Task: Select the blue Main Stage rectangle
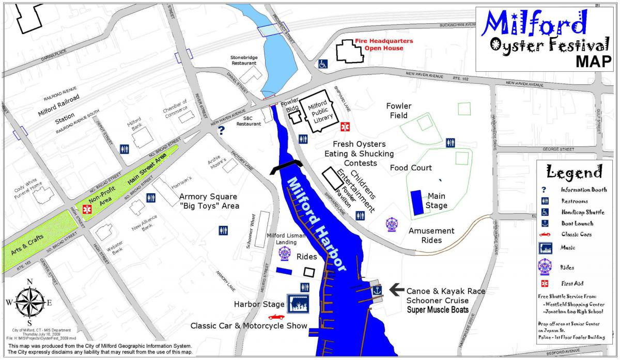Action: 416,202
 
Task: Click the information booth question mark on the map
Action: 222,131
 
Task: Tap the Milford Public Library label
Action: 318,113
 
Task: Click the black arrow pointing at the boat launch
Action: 397,290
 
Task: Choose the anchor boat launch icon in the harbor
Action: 377,290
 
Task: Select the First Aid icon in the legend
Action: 544,284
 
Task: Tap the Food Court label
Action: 411,168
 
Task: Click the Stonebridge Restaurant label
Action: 243,59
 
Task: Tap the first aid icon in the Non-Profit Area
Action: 86,209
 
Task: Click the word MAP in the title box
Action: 594,61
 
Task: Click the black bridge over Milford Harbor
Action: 287,166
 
